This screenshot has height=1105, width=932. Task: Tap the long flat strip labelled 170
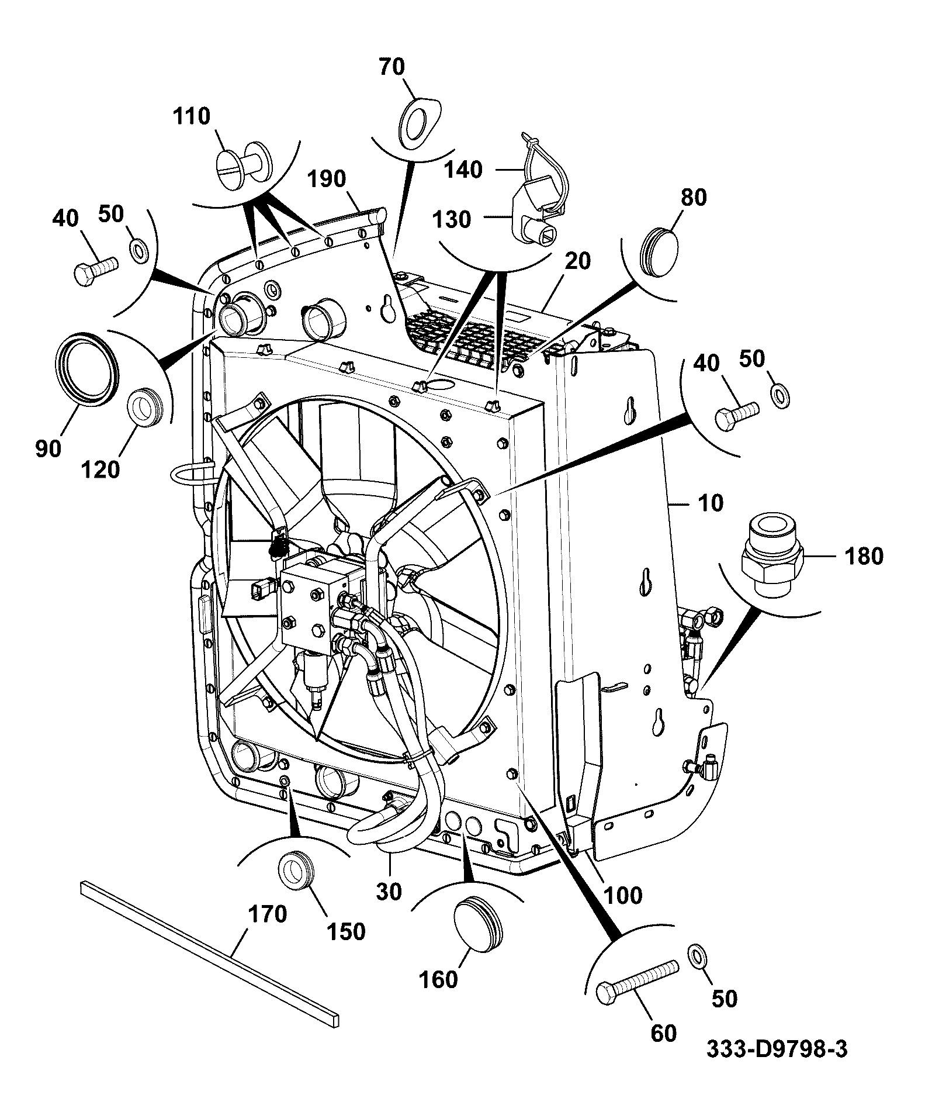[x=210, y=952]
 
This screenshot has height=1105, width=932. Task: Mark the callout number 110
[x=192, y=116]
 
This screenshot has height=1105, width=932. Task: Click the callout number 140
[x=463, y=170]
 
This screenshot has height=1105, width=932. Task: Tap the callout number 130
[x=452, y=220]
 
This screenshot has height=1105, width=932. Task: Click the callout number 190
[x=327, y=179]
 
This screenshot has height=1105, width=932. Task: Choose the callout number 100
[x=623, y=896]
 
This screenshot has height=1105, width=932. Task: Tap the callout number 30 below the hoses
[x=389, y=892]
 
